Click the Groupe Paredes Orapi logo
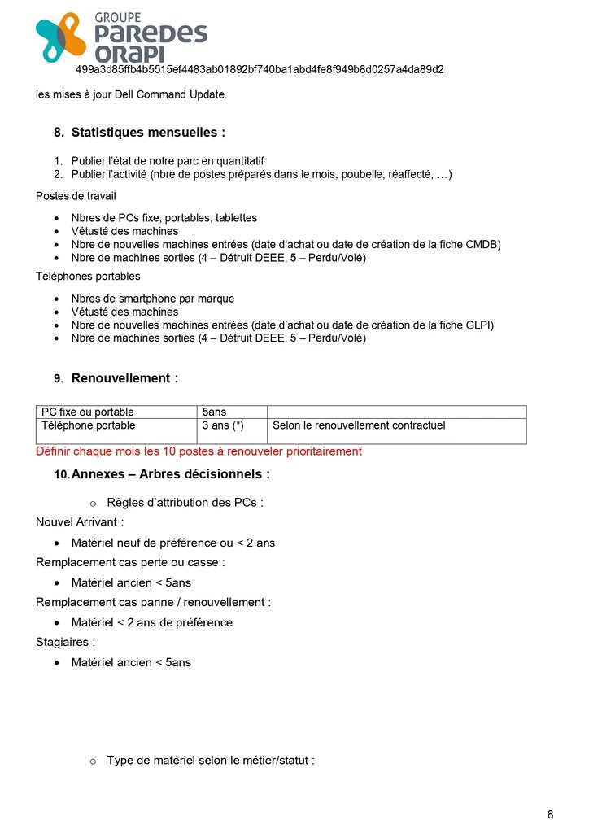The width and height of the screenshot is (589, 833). [x=121, y=37]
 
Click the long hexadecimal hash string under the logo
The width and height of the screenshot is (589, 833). [x=260, y=70]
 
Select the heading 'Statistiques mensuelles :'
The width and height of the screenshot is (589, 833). [x=148, y=132]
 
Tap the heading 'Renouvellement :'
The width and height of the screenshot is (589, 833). [x=124, y=378]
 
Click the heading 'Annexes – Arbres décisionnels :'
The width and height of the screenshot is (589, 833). [x=170, y=474]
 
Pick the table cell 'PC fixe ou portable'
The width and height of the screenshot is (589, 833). [x=88, y=412]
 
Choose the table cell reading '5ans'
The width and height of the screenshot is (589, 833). [x=215, y=412]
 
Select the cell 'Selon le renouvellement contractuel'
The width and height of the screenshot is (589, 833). [x=359, y=425]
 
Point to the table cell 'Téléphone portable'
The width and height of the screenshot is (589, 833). [x=89, y=425]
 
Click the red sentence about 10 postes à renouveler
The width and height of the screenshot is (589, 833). [x=199, y=451]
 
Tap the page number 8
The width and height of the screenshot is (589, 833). [x=550, y=814]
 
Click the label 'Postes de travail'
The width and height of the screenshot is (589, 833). [x=76, y=196]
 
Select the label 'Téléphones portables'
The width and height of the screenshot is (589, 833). [x=88, y=277]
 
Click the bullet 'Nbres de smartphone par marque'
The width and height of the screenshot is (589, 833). [x=154, y=299]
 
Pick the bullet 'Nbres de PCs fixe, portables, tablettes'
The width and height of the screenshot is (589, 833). [x=164, y=218]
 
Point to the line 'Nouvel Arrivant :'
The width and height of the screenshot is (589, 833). [x=80, y=522]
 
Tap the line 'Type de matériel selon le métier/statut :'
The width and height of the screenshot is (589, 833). [x=211, y=761]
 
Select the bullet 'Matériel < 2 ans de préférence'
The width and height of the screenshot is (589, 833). [x=151, y=622]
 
